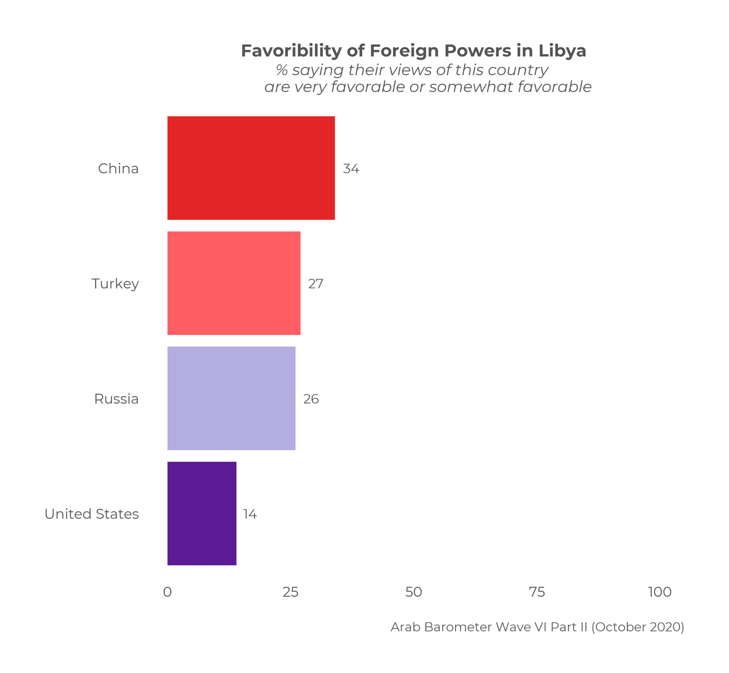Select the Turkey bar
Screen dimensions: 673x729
click(x=234, y=283)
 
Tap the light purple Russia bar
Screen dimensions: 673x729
click(x=231, y=398)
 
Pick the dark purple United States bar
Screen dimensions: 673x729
click(x=201, y=513)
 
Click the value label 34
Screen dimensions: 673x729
click(x=351, y=169)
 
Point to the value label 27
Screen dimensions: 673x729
click(x=315, y=284)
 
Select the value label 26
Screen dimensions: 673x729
click(x=311, y=399)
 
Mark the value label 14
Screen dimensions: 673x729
click(x=250, y=514)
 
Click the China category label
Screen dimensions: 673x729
click(x=118, y=169)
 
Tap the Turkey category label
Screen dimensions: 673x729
click(x=115, y=284)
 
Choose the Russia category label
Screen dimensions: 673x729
click(x=116, y=399)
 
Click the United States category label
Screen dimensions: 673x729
click(x=91, y=514)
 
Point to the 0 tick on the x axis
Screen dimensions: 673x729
click(x=167, y=592)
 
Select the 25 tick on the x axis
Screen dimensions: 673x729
click(x=290, y=592)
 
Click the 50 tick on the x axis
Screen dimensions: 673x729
click(x=414, y=592)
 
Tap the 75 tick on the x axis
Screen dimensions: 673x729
click(x=536, y=592)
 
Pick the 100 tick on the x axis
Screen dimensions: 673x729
click(x=660, y=592)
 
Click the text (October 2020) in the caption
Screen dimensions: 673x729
click(x=638, y=627)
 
